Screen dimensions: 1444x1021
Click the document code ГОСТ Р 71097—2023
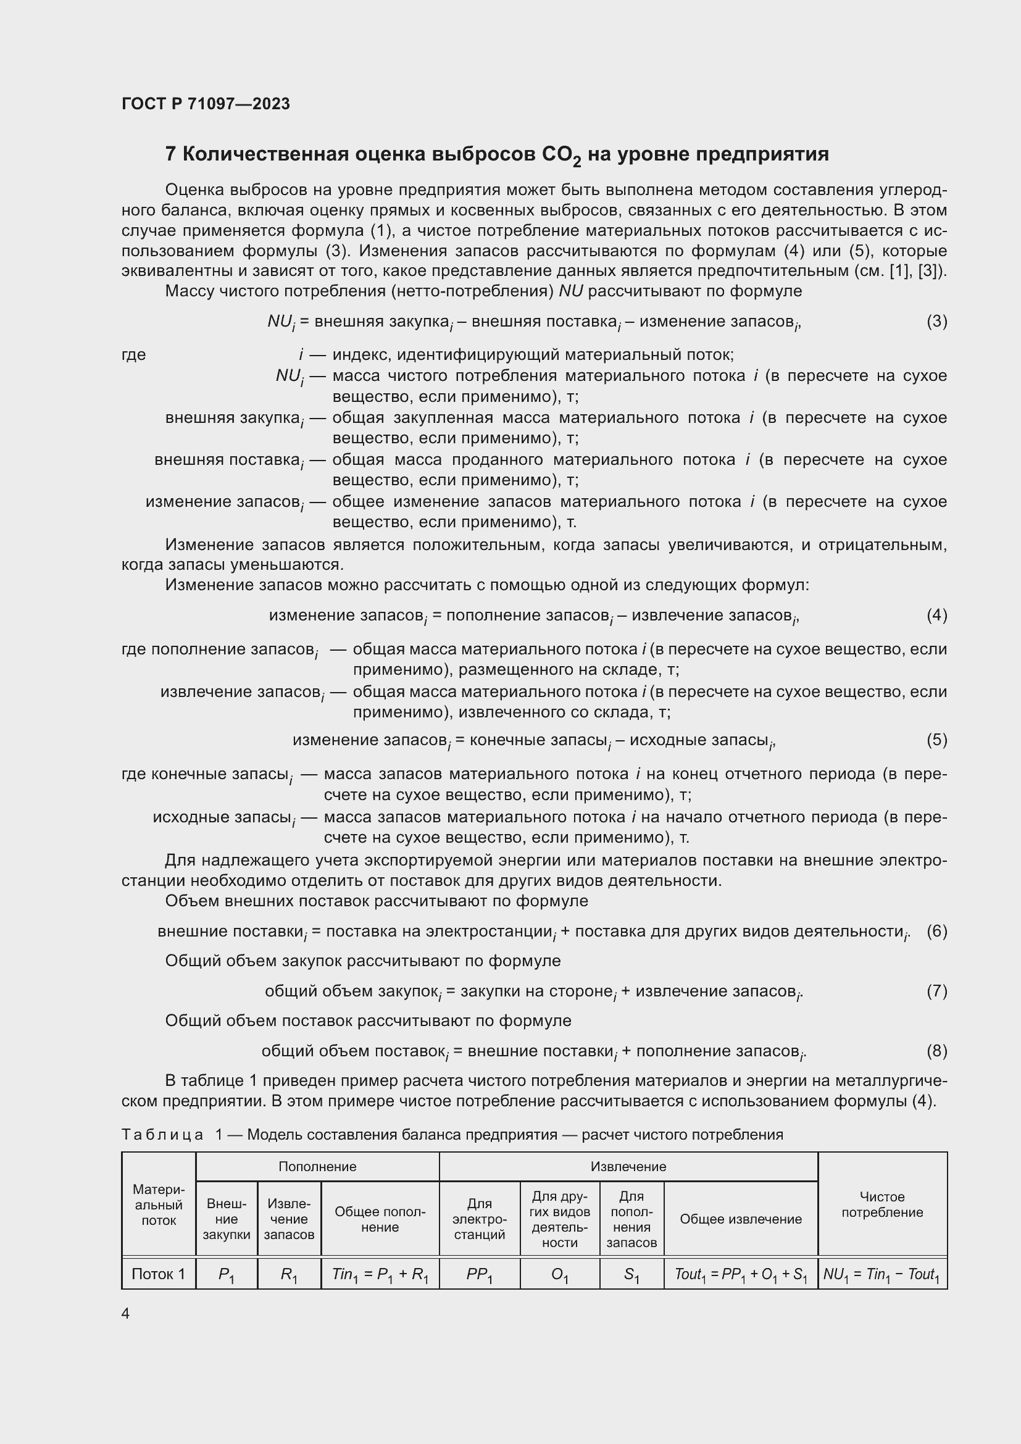tap(206, 104)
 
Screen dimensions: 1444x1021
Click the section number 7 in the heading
tap(170, 154)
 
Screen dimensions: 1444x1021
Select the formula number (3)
tap(936, 322)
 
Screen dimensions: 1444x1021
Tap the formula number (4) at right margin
tap(936, 614)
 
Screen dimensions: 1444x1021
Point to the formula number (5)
tap(936, 740)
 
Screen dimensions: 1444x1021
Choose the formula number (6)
tap(936, 931)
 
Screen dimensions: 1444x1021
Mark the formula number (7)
tap(936, 991)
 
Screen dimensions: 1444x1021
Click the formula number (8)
tap(936, 1051)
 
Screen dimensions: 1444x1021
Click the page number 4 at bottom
tap(126, 1313)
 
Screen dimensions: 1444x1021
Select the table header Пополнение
tap(317, 1167)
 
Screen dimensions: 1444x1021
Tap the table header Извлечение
tap(628, 1167)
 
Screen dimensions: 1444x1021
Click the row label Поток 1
tap(159, 1274)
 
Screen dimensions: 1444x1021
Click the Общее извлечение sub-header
tap(741, 1219)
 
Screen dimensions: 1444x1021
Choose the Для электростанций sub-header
tap(479, 1219)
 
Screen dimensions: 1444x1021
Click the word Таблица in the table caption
tap(162, 1135)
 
